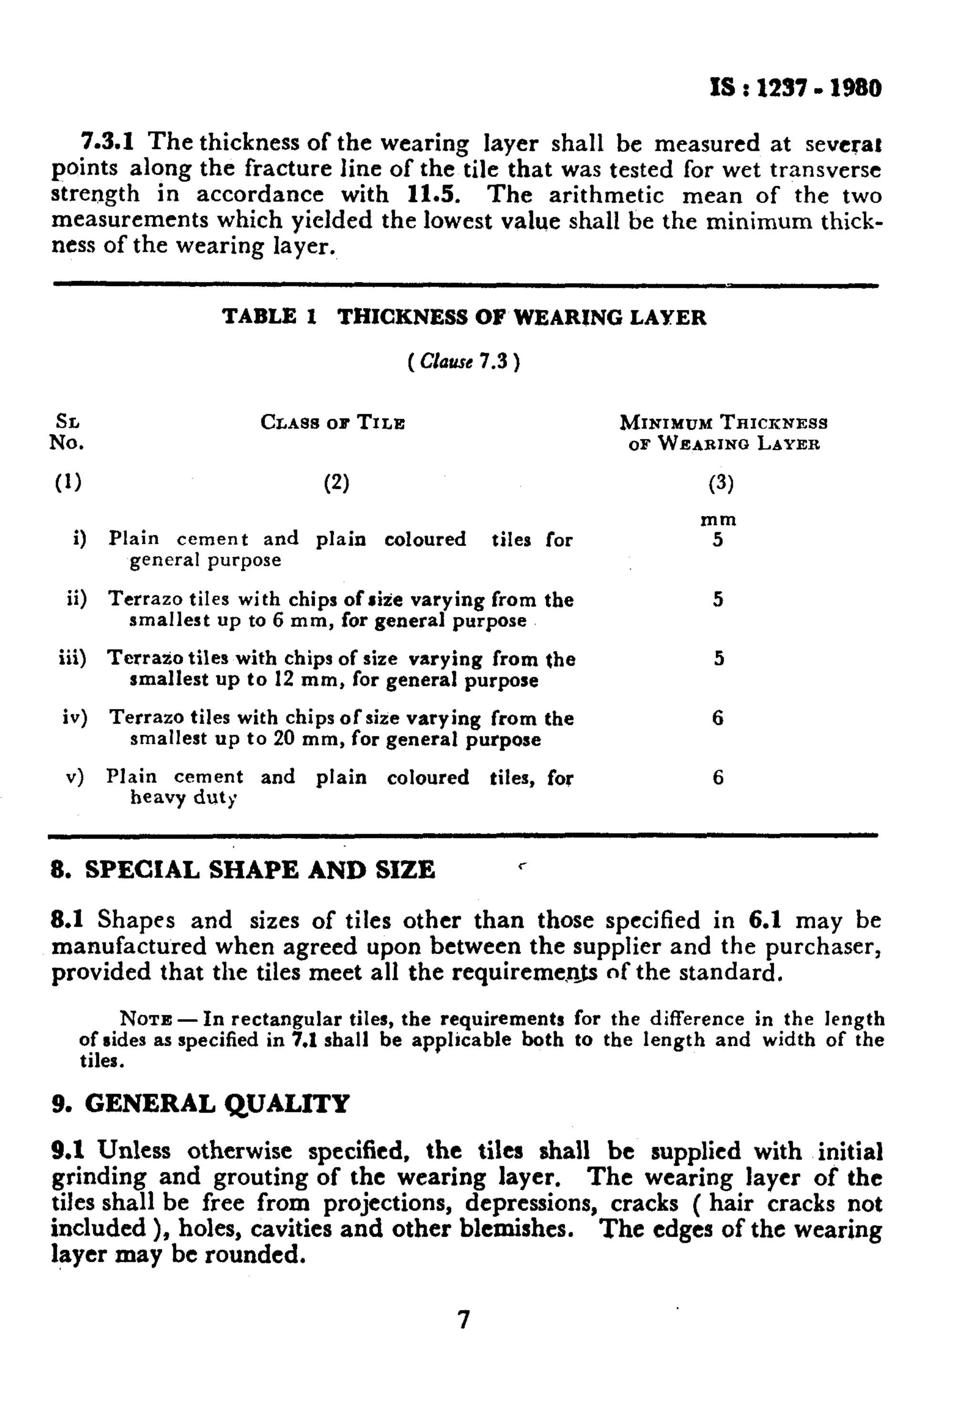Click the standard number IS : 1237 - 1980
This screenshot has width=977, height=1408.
tap(795, 89)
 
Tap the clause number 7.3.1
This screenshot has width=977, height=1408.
tap(108, 142)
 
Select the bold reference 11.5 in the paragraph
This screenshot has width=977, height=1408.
tap(433, 195)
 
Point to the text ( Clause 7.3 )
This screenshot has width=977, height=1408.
tap(463, 362)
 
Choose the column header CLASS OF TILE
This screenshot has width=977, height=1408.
tap(333, 422)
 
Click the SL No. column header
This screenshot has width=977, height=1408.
tap(67, 432)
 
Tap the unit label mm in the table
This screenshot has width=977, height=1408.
tap(718, 520)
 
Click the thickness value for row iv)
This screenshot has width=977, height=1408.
tap(717, 717)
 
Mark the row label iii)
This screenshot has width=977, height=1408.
tap(72, 658)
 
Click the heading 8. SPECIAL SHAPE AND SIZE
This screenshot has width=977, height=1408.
tap(242, 870)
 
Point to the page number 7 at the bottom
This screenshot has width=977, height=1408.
tap(463, 1319)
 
